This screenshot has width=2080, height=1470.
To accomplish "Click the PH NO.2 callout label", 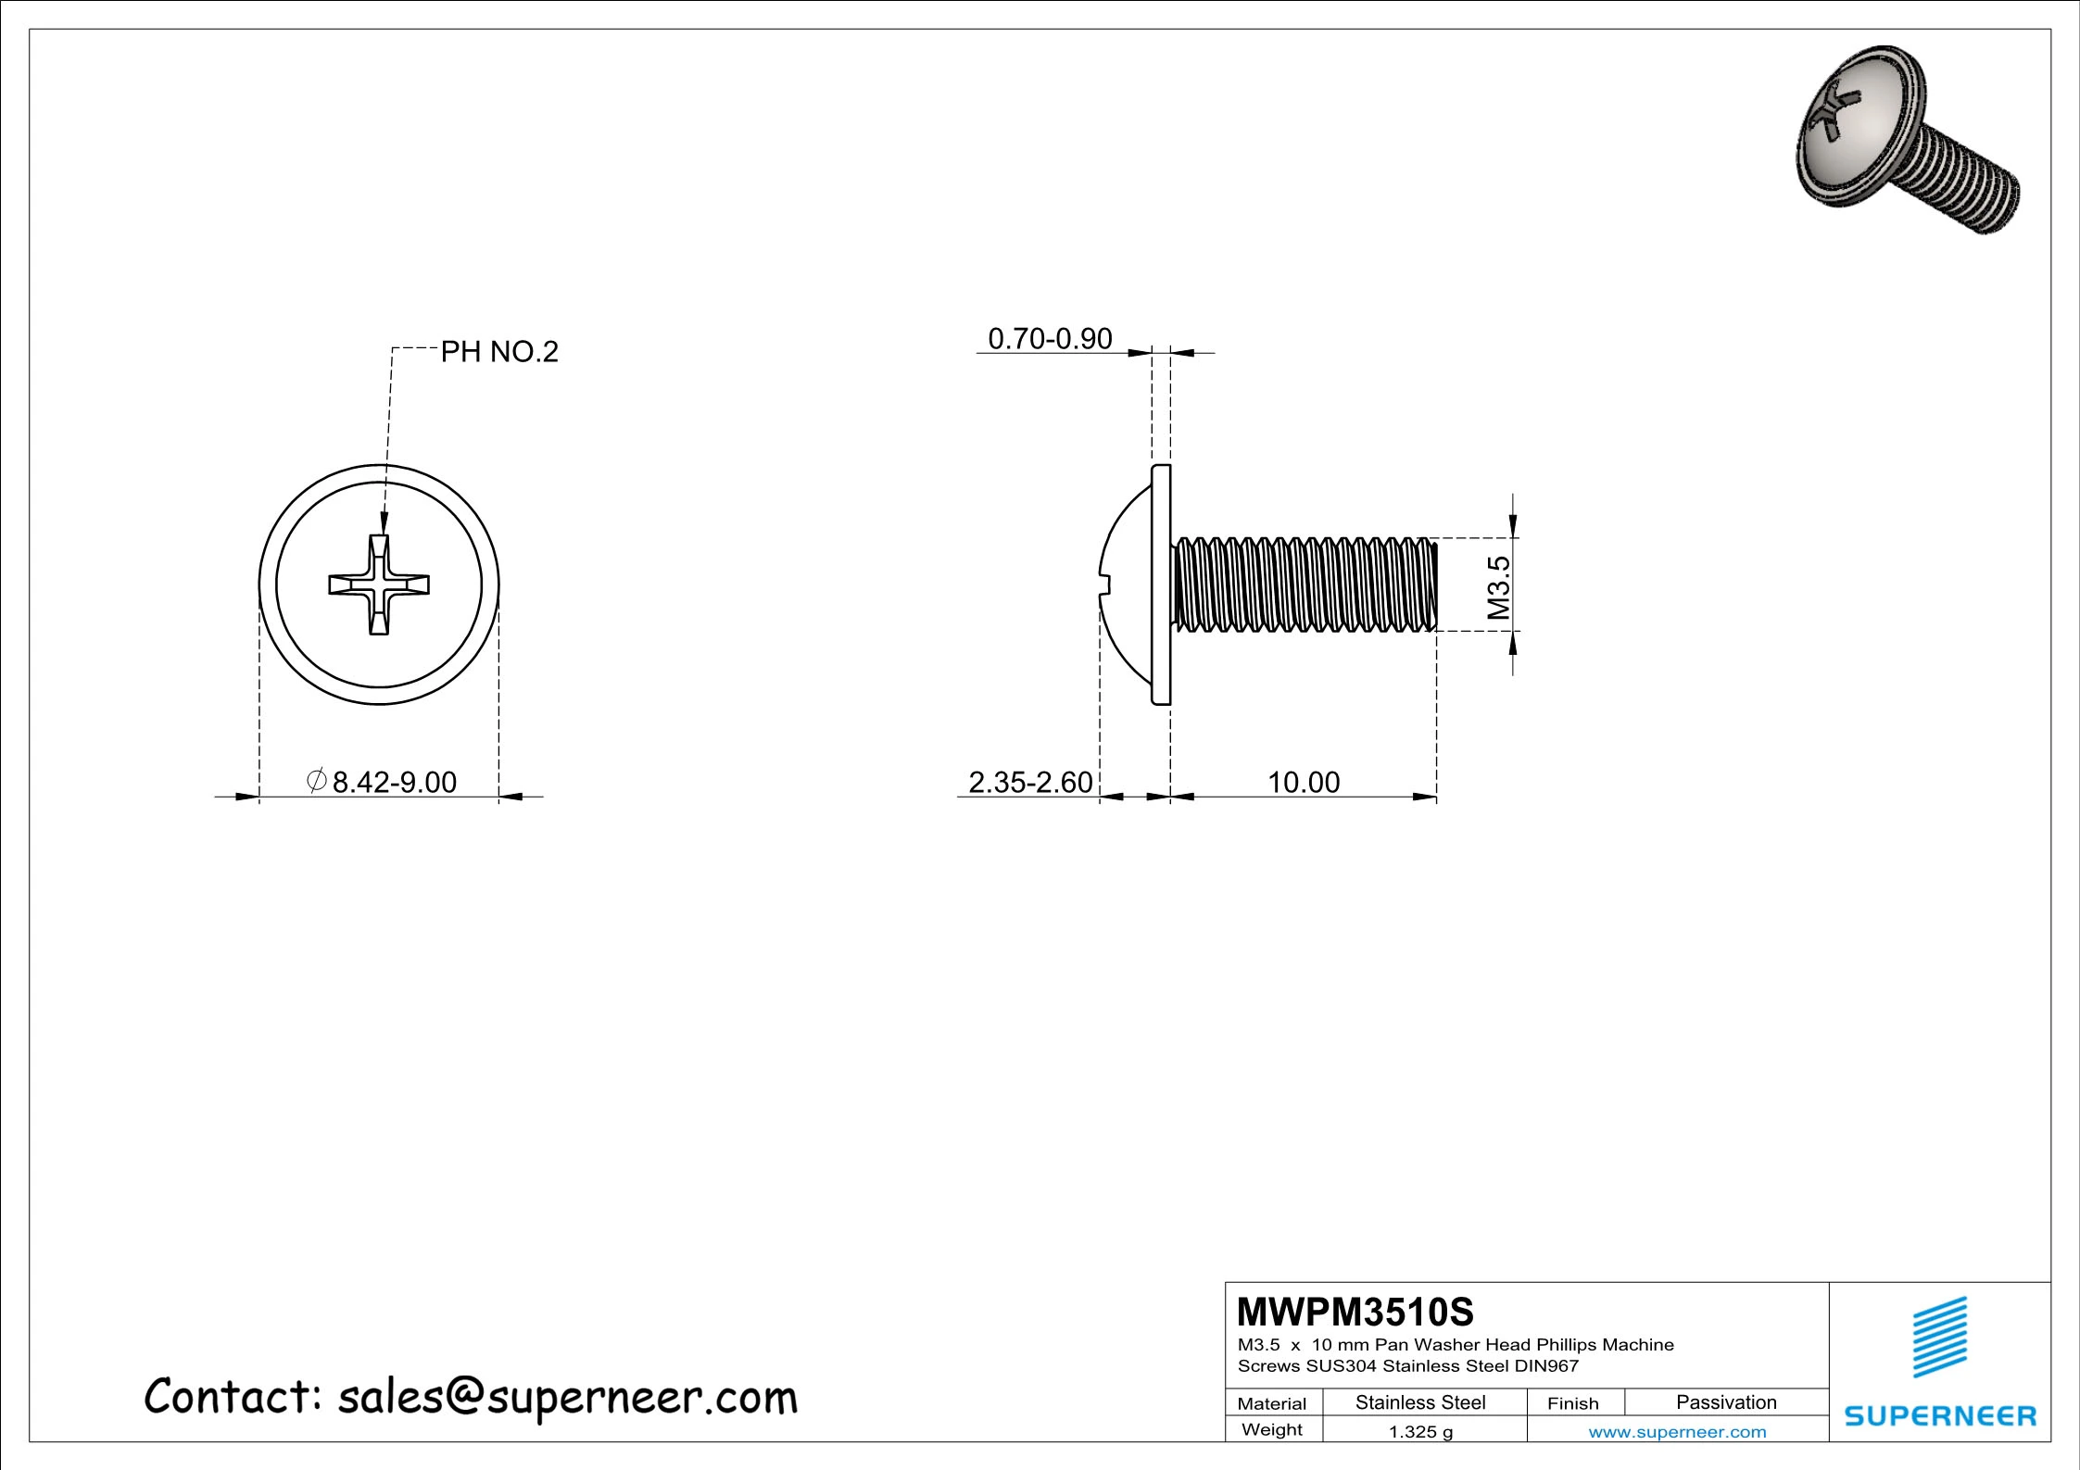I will pos(498,352).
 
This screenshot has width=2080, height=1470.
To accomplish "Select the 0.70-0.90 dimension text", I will pos(1050,339).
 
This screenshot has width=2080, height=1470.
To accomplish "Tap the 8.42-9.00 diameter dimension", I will pos(394,783).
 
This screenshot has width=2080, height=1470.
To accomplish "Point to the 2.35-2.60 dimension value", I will pos(1030,783).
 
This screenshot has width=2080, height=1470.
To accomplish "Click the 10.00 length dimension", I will pos(1303,783).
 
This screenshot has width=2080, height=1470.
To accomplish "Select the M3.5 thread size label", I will pos(1498,588).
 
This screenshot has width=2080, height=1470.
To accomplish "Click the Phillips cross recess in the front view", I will pos(379,584).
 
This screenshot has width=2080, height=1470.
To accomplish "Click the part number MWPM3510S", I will pos(1355,1312).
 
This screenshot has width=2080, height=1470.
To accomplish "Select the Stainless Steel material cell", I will pos(1420,1402).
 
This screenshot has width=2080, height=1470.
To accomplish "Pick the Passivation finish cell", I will pos(1726,1402).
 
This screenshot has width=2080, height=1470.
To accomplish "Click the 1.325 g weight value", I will pos(1420,1432).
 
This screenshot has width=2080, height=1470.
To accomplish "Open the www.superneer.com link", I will pos(1677,1432).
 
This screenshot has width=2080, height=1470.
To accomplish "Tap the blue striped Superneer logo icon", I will pos(1940,1338).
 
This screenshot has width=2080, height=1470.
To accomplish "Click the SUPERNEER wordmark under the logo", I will pos(1940,1416).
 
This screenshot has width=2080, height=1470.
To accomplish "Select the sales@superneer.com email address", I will pos(567,1398).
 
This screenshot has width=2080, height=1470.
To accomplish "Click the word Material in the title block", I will pos(1271,1403).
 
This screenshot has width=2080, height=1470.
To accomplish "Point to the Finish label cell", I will pos(1572,1403).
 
